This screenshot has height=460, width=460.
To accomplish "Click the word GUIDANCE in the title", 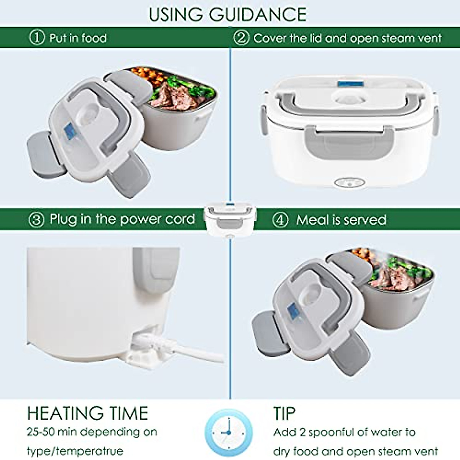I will point(258,15).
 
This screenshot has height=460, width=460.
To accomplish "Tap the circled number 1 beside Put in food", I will point(37,38).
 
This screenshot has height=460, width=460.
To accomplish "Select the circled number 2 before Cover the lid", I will point(241,38).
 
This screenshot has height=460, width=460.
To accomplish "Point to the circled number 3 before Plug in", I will point(36,220).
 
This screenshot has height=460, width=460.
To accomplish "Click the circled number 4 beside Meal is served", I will point(280,220).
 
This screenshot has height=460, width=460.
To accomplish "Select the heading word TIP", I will point(284,414).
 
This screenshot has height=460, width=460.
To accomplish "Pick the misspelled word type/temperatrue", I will point(75,450).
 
